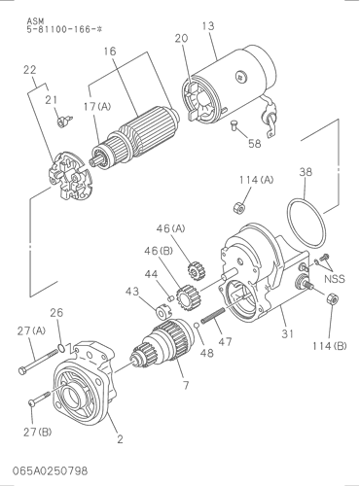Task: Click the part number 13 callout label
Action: [x=208, y=26]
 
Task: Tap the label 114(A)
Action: [x=257, y=180]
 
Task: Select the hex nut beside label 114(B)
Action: [x=332, y=298]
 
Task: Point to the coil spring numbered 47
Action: [x=213, y=315]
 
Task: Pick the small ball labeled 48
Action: [x=197, y=326]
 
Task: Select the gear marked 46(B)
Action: [x=188, y=296]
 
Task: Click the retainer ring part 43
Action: [x=162, y=312]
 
